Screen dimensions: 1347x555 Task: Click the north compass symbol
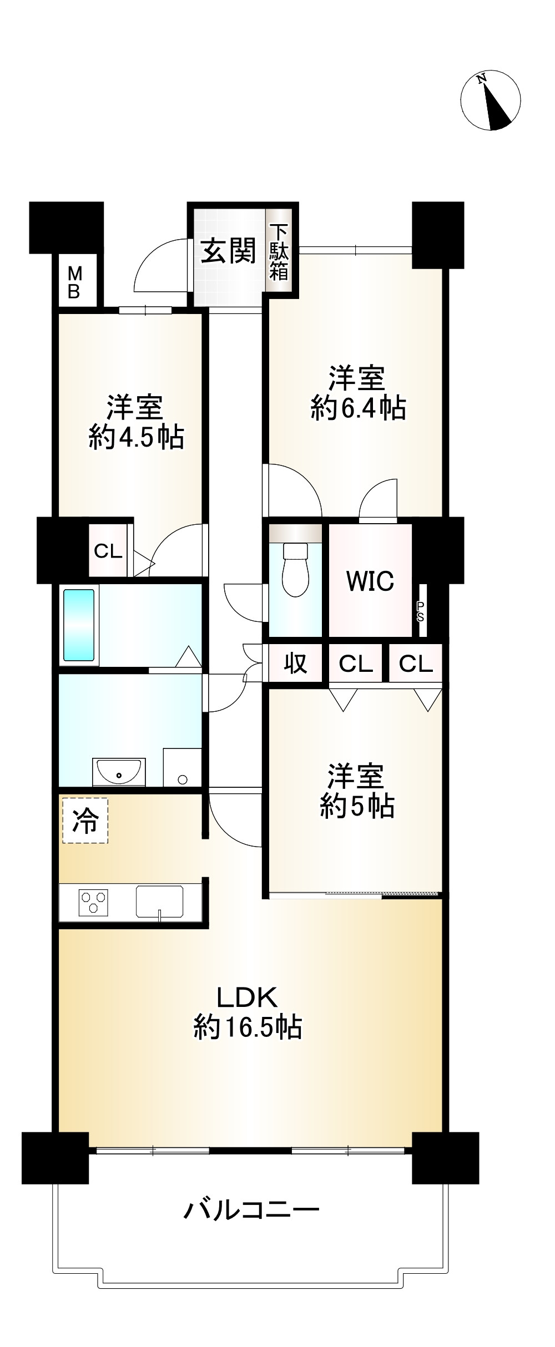coord(491,100)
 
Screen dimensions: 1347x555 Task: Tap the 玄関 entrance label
coord(228,251)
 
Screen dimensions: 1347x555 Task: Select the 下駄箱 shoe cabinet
coord(279,252)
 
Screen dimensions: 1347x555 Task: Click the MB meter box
coord(74,282)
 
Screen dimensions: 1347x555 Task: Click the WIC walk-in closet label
coord(370,581)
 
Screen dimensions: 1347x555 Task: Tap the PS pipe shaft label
coord(421,611)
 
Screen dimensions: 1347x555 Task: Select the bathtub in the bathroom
coord(78,625)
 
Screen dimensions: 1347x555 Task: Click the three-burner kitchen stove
coord(93,902)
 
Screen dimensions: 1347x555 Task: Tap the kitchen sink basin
coord(159,900)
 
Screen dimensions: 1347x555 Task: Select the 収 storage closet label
coord(295,662)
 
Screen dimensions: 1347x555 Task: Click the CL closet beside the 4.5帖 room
coord(108,551)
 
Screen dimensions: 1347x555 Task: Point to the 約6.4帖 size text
coord(358,409)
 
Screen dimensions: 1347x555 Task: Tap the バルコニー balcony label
coord(251,1209)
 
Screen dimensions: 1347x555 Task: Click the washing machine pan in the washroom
coord(182,767)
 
